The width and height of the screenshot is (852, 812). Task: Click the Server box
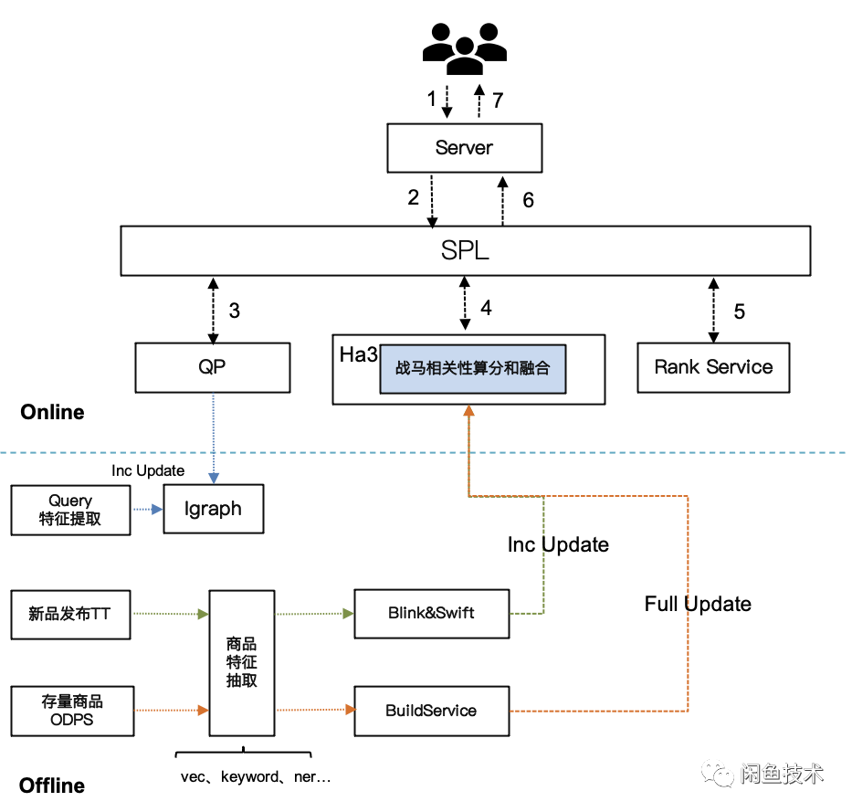(464, 148)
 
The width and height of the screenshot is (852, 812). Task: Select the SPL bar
(465, 250)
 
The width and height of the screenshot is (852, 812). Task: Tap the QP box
(212, 367)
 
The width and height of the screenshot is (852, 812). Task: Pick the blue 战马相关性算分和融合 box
(472, 369)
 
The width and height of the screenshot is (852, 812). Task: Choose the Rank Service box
(713, 367)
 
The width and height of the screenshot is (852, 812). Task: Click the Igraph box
(213, 509)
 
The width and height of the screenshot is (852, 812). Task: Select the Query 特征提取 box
(70, 510)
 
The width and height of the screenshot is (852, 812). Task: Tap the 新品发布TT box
(70, 614)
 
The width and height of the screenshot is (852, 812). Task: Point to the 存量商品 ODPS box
(72, 711)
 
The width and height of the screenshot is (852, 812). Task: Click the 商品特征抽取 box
(241, 662)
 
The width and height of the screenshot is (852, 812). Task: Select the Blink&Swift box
(431, 613)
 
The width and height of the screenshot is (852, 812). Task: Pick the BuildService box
(431, 710)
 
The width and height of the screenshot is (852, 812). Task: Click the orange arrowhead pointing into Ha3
(468, 412)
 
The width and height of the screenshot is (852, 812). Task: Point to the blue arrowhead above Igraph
(213, 477)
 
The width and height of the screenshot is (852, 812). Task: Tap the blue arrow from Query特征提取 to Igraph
(146, 510)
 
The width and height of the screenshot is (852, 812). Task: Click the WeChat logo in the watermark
(718, 774)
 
